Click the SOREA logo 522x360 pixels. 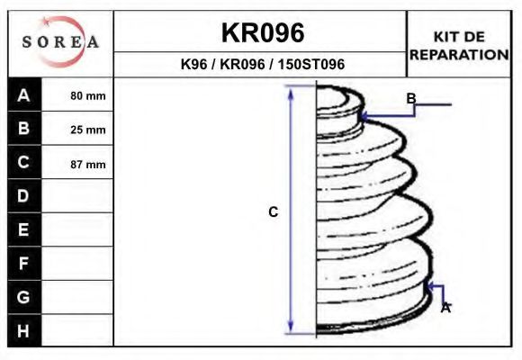[60, 42]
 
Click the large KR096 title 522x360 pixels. [263, 33]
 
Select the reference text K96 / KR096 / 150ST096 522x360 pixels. [262, 64]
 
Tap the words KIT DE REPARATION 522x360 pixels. [459, 46]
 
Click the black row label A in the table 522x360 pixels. [24, 95]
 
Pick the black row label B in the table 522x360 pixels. [24, 128]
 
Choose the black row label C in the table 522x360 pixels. [24, 162]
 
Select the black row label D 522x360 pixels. [24, 196]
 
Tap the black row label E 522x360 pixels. [24, 229]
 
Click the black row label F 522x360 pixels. [24, 264]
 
